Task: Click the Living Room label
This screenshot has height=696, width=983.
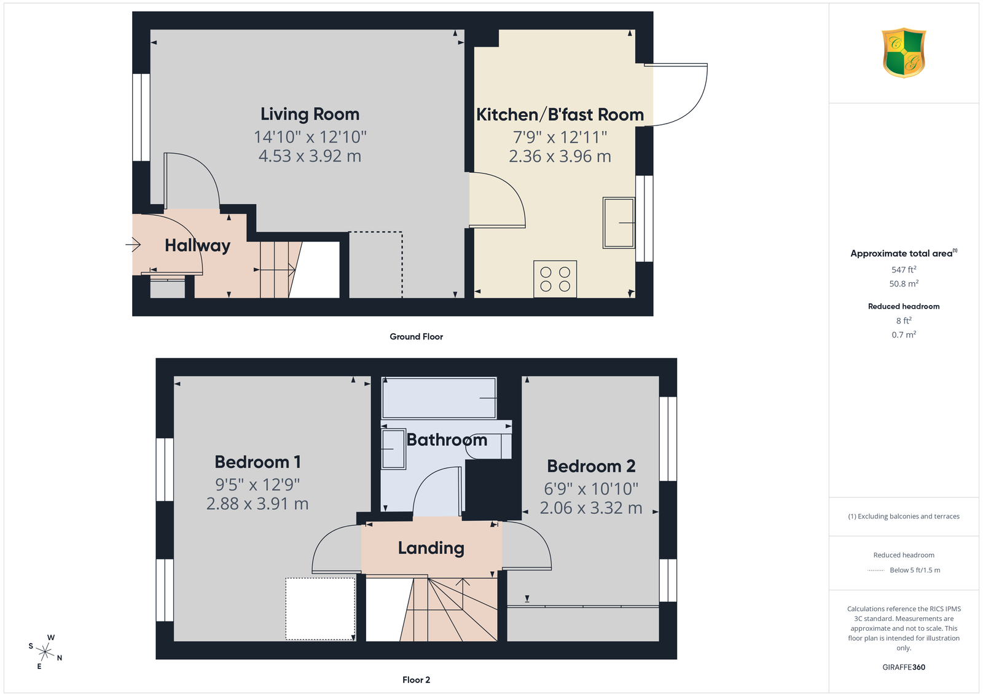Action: [x=310, y=114]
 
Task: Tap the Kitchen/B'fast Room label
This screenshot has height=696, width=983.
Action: [x=560, y=114]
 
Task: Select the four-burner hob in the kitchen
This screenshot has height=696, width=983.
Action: [x=555, y=279]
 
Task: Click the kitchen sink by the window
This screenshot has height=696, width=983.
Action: [x=619, y=223]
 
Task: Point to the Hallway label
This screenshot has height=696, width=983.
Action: [x=197, y=245]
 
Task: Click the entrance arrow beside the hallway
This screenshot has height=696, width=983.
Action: [x=133, y=244]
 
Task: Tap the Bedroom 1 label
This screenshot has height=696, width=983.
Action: [x=257, y=462]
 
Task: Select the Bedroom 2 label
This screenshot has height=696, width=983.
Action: [x=591, y=466]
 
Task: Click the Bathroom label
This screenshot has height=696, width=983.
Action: [x=447, y=440]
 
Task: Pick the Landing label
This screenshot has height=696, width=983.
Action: [x=431, y=548]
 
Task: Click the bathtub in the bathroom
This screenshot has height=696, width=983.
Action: [x=439, y=398]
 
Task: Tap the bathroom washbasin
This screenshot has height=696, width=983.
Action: [x=393, y=449]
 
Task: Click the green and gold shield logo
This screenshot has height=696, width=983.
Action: [x=904, y=53]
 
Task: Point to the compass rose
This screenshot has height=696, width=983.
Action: [x=45, y=652]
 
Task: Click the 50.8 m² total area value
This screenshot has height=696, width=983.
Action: [x=904, y=283]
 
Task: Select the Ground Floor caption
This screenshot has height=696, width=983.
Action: [x=417, y=337]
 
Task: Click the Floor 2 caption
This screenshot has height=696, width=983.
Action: [x=417, y=680]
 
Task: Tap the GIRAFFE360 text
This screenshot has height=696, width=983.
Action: [x=904, y=667]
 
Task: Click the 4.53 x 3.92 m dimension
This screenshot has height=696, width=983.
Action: [x=310, y=156]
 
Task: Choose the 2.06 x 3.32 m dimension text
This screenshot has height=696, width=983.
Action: [x=591, y=508]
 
